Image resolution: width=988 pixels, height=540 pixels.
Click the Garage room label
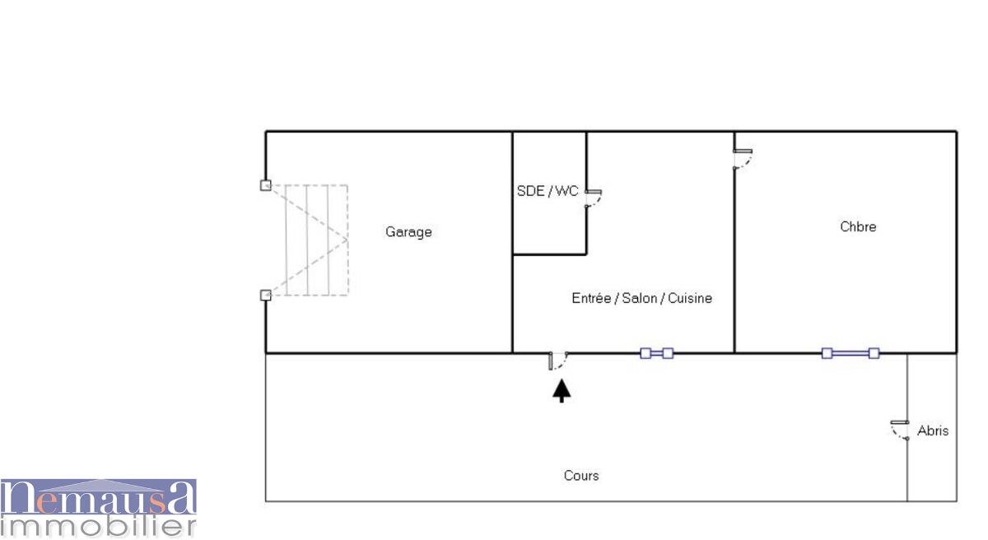[x=408, y=232]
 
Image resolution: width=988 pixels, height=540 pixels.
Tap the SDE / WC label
[x=548, y=191]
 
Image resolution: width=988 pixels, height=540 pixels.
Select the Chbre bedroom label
[x=858, y=226]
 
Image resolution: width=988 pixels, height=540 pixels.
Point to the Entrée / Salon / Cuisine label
[x=641, y=298]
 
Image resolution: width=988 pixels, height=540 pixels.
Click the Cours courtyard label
[x=581, y=475]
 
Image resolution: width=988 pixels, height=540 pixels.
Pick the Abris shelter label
[x=933, y=431]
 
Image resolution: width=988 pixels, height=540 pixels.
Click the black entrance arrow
[x=562, y=389]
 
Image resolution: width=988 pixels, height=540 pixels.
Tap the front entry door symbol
[x=557, y=361]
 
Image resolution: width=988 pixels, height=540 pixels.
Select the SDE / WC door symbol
[x=593, y=198]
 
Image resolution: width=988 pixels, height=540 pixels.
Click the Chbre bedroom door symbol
[x=742, y=159]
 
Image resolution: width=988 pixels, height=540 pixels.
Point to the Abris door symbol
[x=899, y=430]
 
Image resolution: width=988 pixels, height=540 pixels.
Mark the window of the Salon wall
[x=656, y=353]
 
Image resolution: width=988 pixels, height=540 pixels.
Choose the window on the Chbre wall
[x=851, y=353]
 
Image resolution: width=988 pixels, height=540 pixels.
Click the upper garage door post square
[x=265, y=185]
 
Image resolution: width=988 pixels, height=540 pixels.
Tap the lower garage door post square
[x=265, y=295]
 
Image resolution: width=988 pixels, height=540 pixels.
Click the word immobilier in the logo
[x=98, y=525]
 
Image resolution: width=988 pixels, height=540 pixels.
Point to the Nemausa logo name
[x=98, y=497]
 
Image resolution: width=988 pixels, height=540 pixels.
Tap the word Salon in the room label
[x=639, y=298]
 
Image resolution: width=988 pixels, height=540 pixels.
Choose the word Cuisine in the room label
[x=690, y=298]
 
